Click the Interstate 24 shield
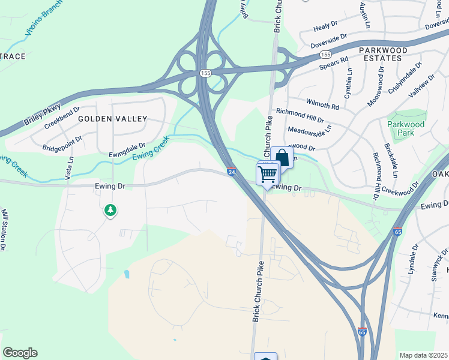[232, 172]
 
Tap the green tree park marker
[110, 210]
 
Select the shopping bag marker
[282, 158]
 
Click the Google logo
[20, 353]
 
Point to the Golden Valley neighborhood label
[112, 119]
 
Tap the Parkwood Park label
[406, 128]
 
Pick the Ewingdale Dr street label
[128, 146]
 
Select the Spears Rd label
[334, 61]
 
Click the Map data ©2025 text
[424, 355]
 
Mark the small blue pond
[126, 275]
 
